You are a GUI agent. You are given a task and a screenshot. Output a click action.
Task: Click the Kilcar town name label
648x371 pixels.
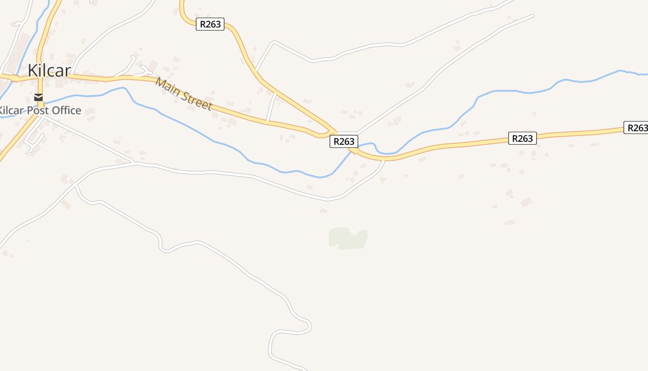coord(49,70)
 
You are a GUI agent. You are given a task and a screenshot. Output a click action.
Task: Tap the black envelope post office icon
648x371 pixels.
coord(38,97)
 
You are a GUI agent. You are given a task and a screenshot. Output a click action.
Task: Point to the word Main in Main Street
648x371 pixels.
coord(167,87)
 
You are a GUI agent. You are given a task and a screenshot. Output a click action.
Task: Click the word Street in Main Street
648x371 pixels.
coord(196,100)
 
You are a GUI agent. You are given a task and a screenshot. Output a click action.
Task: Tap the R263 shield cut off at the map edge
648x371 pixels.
coord(636,128)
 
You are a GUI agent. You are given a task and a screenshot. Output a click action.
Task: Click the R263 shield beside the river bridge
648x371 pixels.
coord(344,141)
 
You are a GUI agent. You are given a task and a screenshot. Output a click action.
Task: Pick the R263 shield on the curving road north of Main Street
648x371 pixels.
coord(210,24)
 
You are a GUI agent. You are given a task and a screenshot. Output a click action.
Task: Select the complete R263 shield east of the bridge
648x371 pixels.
coord(523,138)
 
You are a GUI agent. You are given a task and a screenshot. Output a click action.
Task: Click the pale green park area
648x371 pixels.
coord(349,238)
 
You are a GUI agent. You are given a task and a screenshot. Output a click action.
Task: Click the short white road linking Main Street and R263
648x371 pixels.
coord(271,107)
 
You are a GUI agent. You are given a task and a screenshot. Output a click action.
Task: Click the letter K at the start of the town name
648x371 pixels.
coord(33,70)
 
